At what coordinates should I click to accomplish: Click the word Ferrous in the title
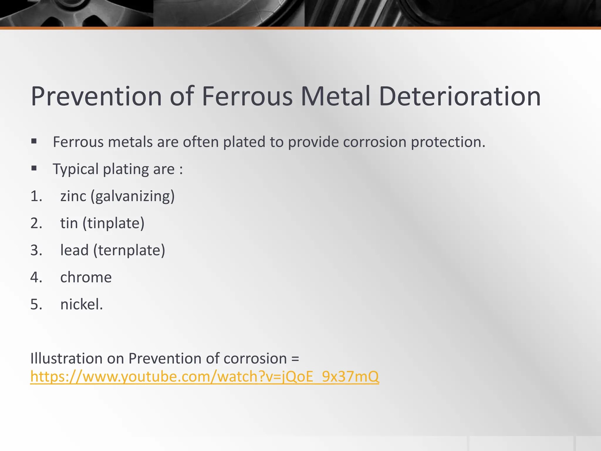247,96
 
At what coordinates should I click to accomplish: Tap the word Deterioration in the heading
460,96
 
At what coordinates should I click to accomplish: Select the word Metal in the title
336,96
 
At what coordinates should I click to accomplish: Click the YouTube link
205,376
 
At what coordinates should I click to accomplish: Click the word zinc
73,196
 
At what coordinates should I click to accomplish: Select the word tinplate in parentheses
114,223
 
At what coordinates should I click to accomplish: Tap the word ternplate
129,250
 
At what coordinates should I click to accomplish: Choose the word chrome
86,277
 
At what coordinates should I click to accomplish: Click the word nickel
81,304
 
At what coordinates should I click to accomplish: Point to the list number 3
36,250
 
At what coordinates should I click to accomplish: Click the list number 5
36,304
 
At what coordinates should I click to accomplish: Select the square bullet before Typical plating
34,169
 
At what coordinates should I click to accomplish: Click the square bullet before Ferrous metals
34,142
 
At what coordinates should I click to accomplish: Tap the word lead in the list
74,250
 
